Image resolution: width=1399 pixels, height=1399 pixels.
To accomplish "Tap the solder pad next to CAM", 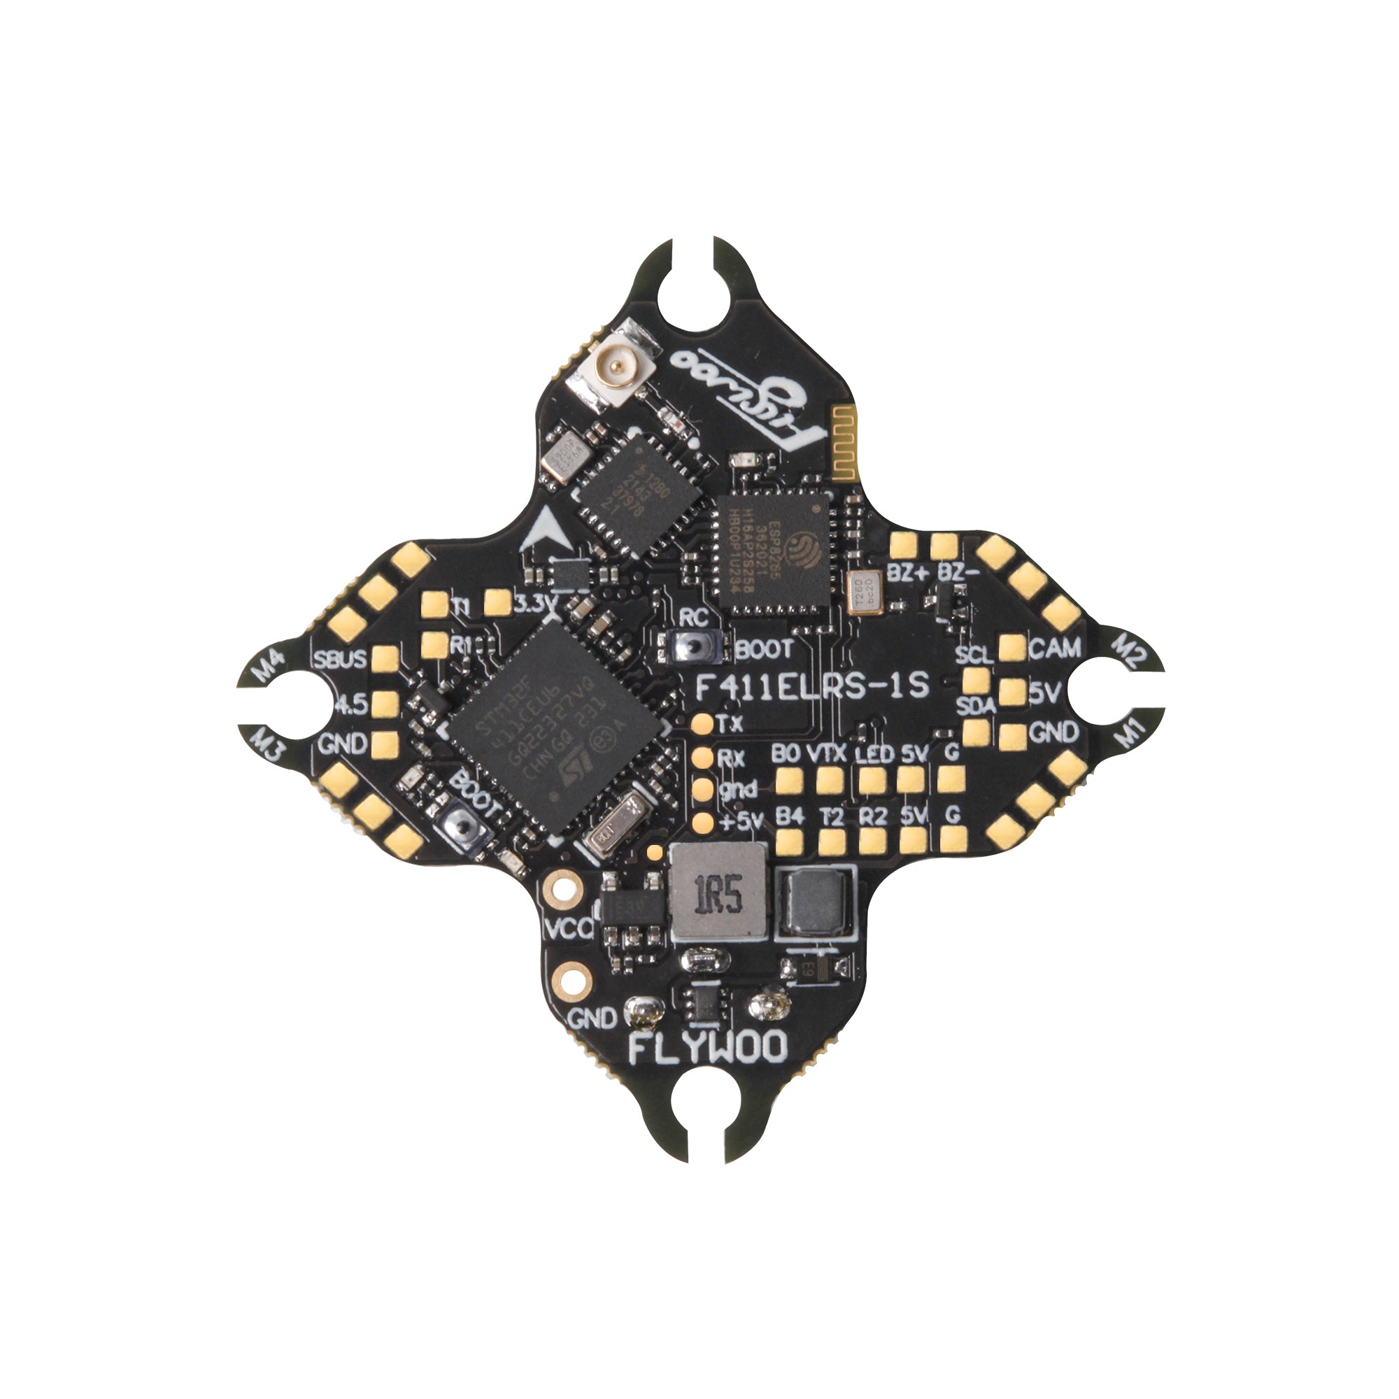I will point(1012,648).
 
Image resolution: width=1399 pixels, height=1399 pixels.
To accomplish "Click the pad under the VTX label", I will point(830,780).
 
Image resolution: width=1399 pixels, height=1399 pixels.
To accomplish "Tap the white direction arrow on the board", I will point(542,532).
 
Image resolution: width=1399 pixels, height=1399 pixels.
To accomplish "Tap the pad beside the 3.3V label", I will point(498,602).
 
